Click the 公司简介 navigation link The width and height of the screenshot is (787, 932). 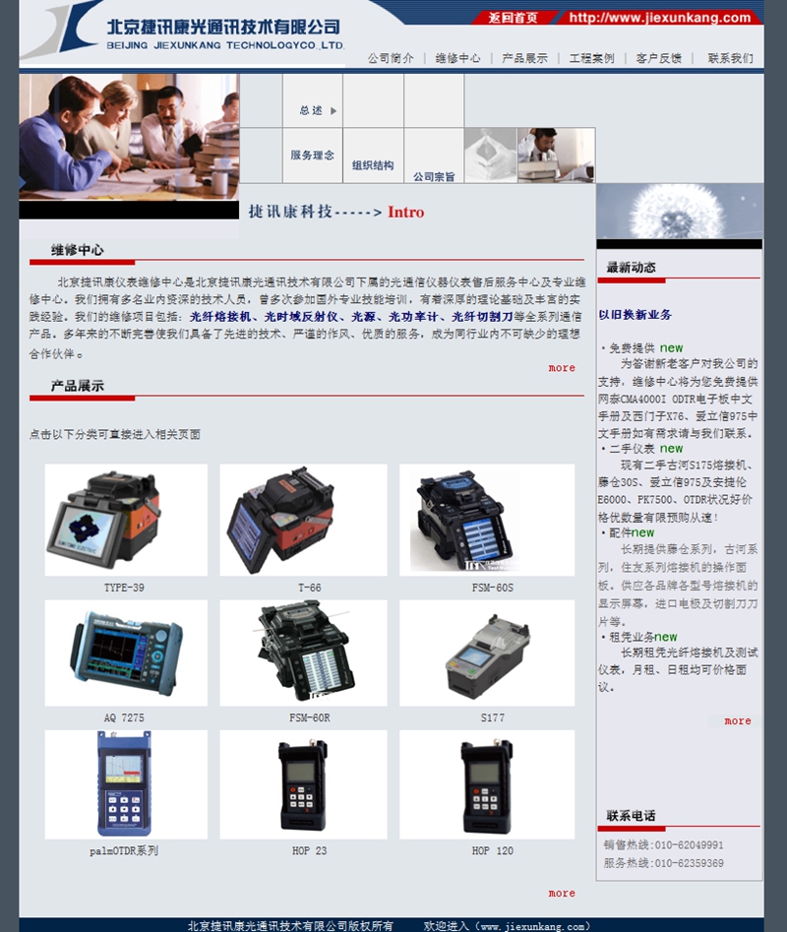coord(391,58)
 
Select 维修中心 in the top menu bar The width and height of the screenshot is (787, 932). coord(457,58)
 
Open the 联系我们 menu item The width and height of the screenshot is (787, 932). coord(730,58)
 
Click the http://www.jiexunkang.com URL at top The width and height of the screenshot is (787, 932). coord(659,18)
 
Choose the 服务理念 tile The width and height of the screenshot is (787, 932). coord(312,155)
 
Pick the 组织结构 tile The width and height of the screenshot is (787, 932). coord(373,165)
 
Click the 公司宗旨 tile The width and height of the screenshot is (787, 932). coord(434,176)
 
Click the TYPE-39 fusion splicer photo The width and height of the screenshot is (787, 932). coord(125,519)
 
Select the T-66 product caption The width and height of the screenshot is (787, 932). coord(309,588)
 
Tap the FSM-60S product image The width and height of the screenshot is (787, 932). coord(486,519)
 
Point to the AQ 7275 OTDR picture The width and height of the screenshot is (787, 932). coord(125,652)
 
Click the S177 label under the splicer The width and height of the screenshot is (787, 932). coord(492,717)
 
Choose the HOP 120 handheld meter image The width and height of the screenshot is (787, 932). coord(486,784)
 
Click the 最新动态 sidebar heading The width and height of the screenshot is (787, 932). coord(631,267)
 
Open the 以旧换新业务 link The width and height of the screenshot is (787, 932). coord(636,315)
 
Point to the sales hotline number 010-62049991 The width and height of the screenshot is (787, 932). coord(691,844)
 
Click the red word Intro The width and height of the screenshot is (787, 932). coord(406,212)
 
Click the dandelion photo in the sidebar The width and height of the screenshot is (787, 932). coord(679,211)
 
